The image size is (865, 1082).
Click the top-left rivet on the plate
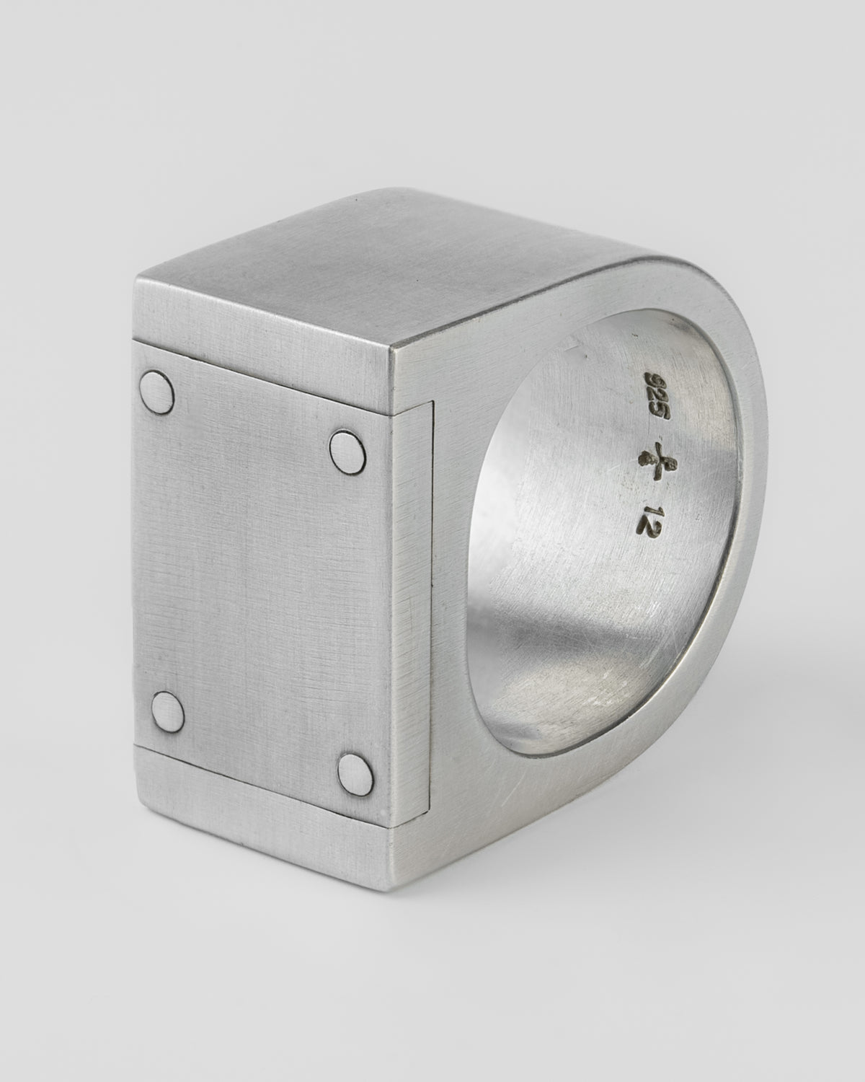coord(159,392)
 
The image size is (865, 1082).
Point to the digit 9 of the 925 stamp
coord(656,379)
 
